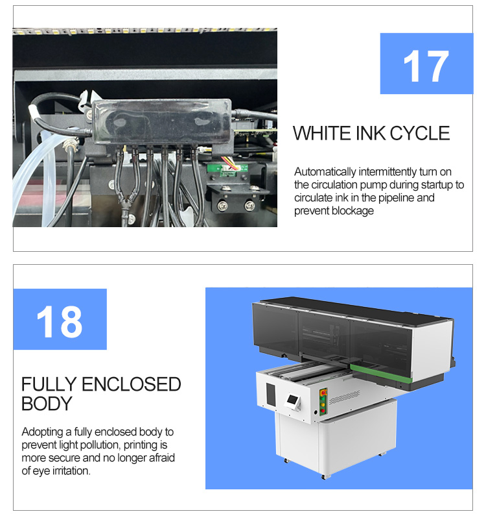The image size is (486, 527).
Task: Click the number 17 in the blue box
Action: [426, 66]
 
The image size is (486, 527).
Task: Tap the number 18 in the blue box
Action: [59, 321]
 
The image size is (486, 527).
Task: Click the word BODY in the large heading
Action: [46, 404]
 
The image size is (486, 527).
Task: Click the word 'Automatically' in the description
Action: [325, 172]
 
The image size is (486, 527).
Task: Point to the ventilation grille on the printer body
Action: [344, 397]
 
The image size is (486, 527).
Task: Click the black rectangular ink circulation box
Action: [161, 124]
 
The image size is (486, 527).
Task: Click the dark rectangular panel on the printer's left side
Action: [270, 393]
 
